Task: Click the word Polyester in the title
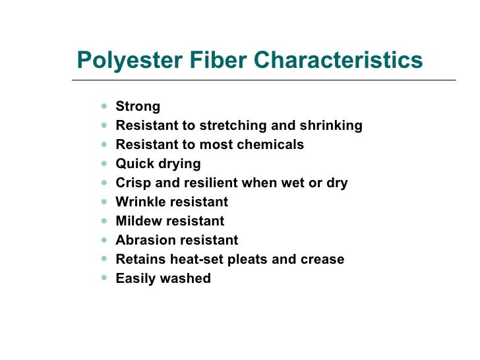coord(121,61)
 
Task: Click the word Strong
coord(138,107)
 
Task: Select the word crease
coord(322,260)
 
